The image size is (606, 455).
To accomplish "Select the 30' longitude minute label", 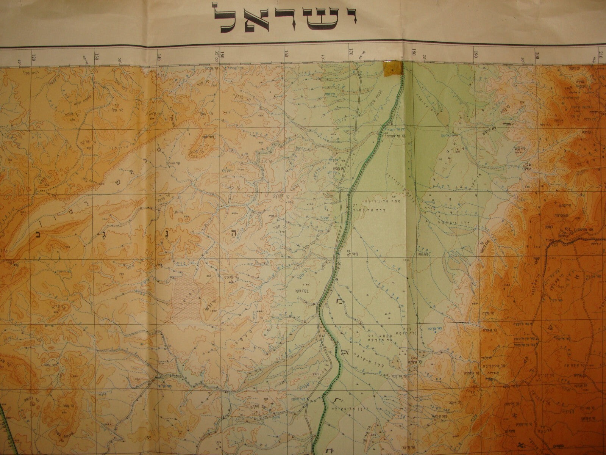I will pyautogui.click(x=522, y=59).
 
